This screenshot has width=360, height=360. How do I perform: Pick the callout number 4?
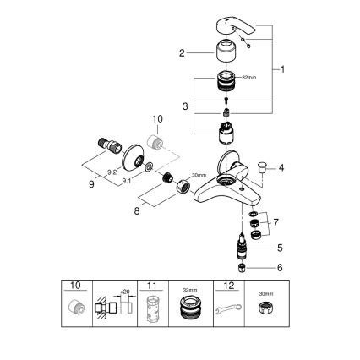pos(282,167)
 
